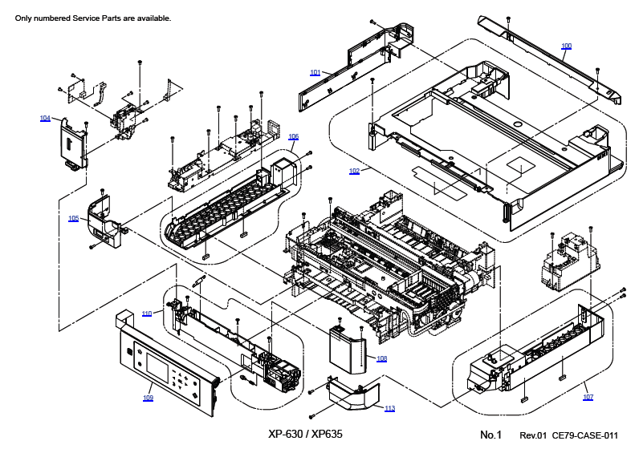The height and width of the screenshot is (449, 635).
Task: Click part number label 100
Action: click(566, 47)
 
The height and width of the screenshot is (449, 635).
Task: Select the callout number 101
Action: click(315, 72)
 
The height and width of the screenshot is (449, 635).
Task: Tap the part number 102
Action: click(354, 171)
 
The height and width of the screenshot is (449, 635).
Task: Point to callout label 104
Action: click(45, 118)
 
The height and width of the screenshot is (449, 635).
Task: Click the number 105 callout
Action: click(73, 218)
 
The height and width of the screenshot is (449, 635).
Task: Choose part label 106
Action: click(293, 137)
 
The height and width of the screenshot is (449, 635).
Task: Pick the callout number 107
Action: click(588, 397)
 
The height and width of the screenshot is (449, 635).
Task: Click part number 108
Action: click(381, 358)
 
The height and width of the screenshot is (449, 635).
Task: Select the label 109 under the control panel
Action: click(149, 398)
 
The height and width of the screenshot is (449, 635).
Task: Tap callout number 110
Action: click(147, 313)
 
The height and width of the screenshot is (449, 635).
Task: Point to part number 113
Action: click(389, 408)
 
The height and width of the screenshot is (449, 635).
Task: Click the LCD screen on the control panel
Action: click(157, 367)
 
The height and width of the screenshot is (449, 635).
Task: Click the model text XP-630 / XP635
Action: click(305, 434)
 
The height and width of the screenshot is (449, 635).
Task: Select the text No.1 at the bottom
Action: click(490, 435)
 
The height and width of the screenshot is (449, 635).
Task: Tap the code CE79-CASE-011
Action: click(585, 435)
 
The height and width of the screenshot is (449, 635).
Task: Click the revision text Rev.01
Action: click(533, 435)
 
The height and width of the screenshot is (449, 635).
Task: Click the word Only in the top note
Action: click(23, 18)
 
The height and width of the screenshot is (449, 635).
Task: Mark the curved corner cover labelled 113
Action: click(353, 396)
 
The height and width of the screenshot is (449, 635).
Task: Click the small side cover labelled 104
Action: click(74, 144)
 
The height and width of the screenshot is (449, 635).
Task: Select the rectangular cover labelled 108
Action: click(348, 349)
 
